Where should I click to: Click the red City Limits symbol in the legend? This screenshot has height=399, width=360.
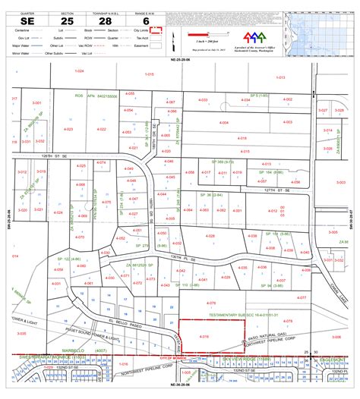click(x=155, y=31)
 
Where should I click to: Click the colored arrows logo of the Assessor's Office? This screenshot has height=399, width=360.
click(x=251, y=36)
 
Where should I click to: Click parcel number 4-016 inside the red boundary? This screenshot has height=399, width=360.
click(x=204, y=336)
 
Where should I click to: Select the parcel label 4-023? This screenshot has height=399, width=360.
click(x=69, y=129)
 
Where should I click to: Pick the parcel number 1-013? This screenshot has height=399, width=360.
click(x=280, y=77)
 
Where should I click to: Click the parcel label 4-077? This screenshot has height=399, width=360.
click(x=302, y=298)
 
